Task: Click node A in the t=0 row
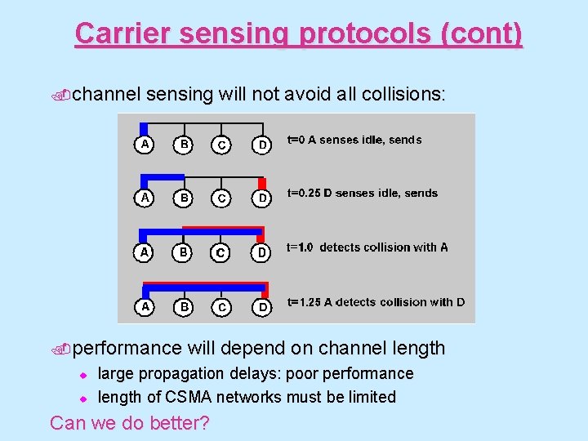[x=144, y=145]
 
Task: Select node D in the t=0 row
[x=261, y=145]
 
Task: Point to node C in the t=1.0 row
[x=220, y=253]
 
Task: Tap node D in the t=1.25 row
[x=261, y=307]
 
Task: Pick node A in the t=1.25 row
[x=145, y=306]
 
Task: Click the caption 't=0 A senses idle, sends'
[x=354, y=140]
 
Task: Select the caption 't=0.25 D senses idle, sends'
[x=362, y=194]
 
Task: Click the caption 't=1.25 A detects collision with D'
[x=376, y=302]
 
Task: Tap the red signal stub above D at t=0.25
[x=262, y=183]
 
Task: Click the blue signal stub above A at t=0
[x=144, y=128]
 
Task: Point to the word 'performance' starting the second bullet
[x=127, y=348]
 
